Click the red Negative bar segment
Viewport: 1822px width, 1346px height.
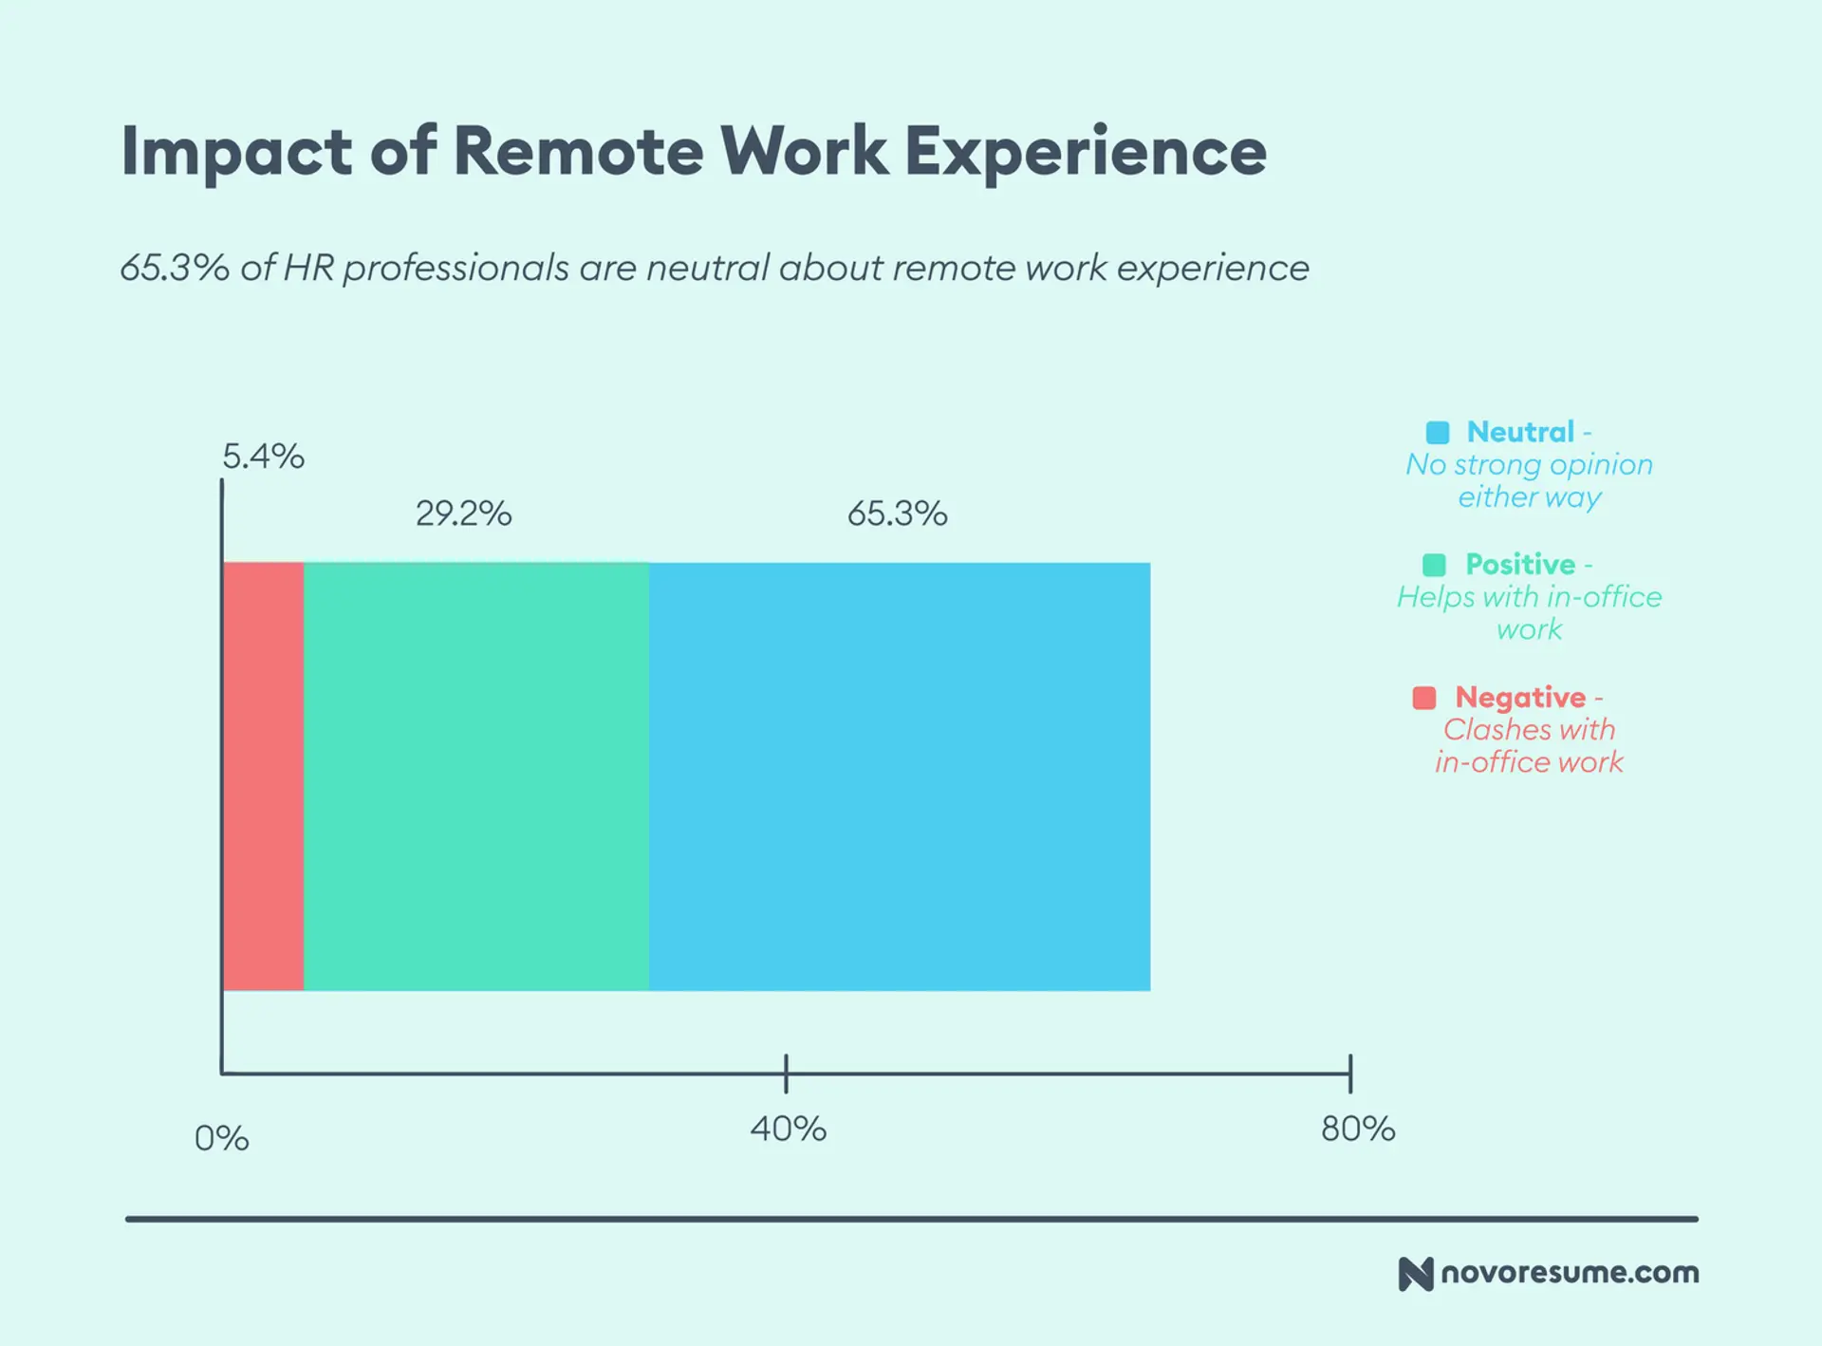coord(264,776)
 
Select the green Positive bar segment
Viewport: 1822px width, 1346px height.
coord(476,776)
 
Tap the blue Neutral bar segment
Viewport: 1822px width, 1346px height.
coord(900,776)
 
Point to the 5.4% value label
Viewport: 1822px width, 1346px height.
coord(263,457)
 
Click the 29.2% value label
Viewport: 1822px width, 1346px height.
coord(463,514)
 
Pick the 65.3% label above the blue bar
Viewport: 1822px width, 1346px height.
coord(897,514)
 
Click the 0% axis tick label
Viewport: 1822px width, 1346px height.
coord(221,1138)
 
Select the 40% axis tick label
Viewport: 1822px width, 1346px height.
coord(788,1129)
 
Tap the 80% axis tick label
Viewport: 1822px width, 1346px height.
coord(1358,1129)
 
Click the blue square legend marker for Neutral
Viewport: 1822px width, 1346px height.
coord(1438,433)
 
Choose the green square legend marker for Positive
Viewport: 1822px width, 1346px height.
coord(1434,565)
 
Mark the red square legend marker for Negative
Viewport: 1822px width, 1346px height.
coord(1424,698)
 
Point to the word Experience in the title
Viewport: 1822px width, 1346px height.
coord(1086,153)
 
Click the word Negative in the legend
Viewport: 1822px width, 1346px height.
coord(1520,697)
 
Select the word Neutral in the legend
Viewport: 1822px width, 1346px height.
coord(1520,432)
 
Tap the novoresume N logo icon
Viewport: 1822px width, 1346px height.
coord(1415,1274)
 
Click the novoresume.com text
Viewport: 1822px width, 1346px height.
coord(1570,1272)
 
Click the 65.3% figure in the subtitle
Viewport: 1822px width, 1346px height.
coord(174,269)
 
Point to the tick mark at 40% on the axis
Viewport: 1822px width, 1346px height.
coord(786,1074)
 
